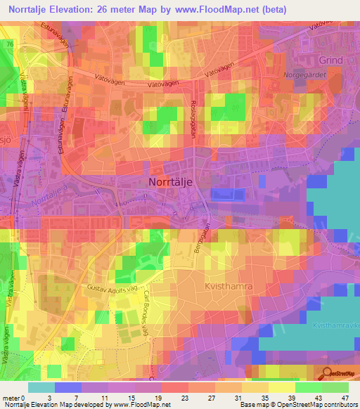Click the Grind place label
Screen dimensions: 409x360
tap(330, 60)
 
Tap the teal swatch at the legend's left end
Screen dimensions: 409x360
tap(41, 387)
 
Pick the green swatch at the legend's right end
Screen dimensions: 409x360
tap(335, 387)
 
